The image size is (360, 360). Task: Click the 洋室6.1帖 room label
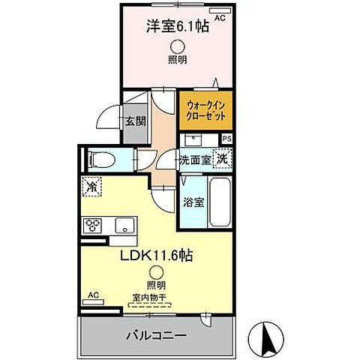click(x=176, y=27)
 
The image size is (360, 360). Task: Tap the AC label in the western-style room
click(x=220, y=16)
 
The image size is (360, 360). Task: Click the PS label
click(x=227, y=139)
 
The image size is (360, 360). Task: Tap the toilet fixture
click(x=101, y=159)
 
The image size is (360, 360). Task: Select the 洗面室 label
click(x=193, y=160)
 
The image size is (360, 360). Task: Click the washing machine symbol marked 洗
click(x=222, y=157)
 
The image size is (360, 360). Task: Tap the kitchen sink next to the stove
click(x=121, y=225)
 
